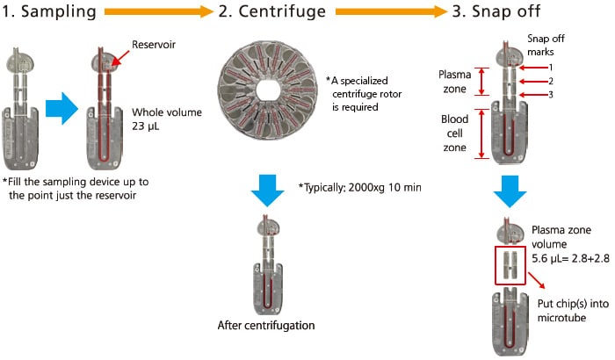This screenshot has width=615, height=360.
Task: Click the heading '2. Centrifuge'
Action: [271, 11]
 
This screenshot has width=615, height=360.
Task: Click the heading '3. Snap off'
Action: [506, 11]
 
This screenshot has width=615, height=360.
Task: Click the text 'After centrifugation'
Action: [267, 326]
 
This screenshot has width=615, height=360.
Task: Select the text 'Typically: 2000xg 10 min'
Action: [356, 187]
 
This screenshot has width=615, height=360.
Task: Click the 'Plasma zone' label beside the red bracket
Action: [454, 80]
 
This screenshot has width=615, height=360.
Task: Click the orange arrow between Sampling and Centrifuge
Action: [159, 11]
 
